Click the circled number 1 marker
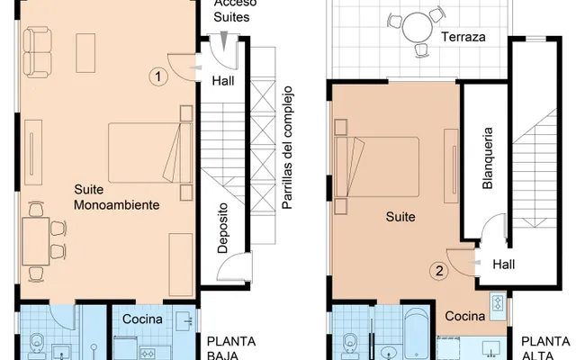pos(158,76)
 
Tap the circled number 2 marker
pos(439,271)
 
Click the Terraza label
pos(463,37)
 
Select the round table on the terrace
pos(418,28)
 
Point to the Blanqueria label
pos(487,158)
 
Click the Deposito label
pos(222,228)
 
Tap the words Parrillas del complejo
pos(287,148)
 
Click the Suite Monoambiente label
pos(117,197)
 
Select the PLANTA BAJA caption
pos(231,348)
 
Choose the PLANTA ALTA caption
pos(546,348)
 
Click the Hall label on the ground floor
pos(223,81)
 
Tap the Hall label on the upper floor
pos(504,264)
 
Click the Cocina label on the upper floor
pos(465,316)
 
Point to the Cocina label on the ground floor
pos(142,319)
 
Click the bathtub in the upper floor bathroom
pos(416,332)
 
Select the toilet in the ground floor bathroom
pos(37,346)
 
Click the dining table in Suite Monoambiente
pos(36,241)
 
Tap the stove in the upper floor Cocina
pos(498,302)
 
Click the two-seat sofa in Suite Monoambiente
pos(37,52)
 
